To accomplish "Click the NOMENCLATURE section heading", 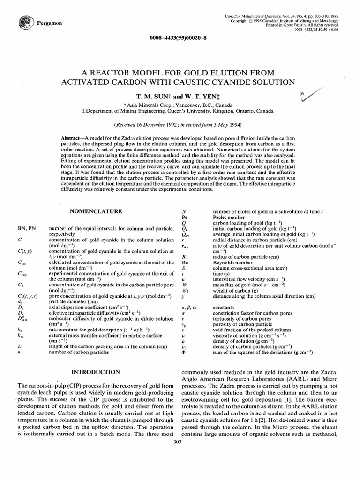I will point(96,211).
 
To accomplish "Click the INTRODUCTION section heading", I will point(96,372).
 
